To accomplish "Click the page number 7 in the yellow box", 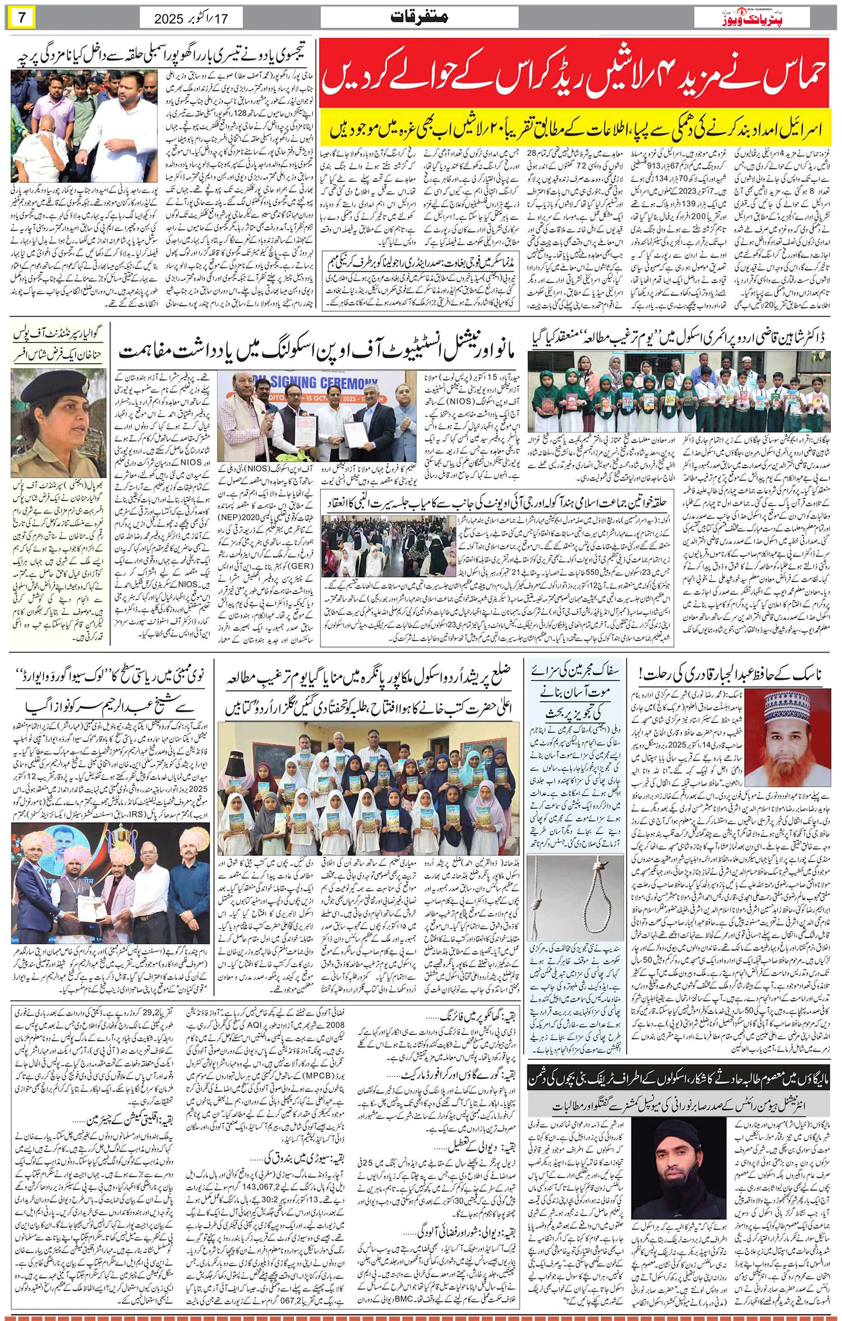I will pyautogui.click(x=22, y=17).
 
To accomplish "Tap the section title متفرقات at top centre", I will pyautogui.click(x=419, y=17).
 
